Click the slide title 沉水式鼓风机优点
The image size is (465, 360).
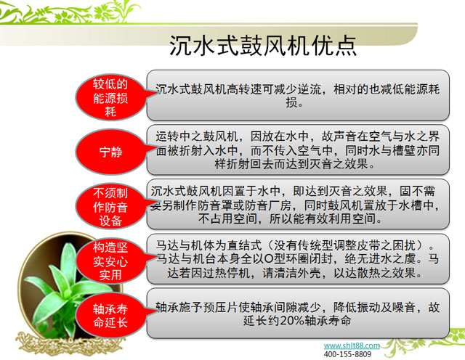pos(262,46)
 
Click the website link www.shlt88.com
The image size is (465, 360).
pos(351,345)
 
